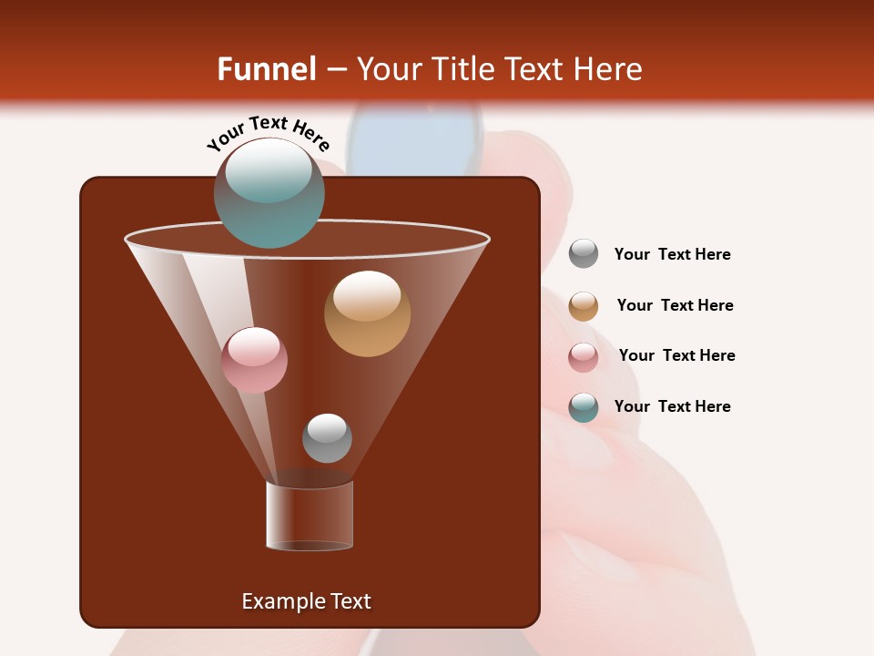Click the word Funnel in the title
tap(266, 69)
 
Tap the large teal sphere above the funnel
tap(269, 193)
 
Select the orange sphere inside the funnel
tap(367, 313)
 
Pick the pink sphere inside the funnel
tap(254, 360)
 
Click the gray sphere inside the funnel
tap(327, 437)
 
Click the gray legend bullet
tap(584, 254)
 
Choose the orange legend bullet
tap(584, 306)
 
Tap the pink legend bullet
tap(584, 357)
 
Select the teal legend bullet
tap(584, 407)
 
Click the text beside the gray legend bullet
tap(672, 254)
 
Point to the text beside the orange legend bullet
tap(675, 305)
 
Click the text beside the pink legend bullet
tap(676, 355)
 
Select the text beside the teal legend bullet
tap(672, 406)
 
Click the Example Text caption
tap(306, 601)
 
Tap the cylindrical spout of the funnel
tap(310, 516)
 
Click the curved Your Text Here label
tap(268, 133)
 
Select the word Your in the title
tap(386, 69)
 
